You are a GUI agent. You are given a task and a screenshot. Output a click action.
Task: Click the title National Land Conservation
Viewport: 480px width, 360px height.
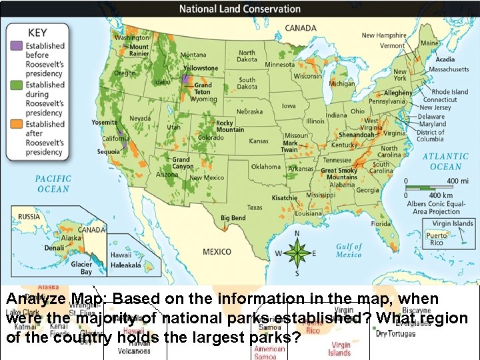(x=240, y=9)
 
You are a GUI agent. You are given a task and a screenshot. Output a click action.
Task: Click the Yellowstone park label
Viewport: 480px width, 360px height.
(x=201, y=68)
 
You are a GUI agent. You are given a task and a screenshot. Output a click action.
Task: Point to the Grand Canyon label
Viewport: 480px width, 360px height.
(x=181, y=163)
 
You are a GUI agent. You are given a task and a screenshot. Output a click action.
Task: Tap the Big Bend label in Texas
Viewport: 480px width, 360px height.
(x=233, y=218)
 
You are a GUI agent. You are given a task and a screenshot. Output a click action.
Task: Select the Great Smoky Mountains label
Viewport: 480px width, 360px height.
(x=339, y=174)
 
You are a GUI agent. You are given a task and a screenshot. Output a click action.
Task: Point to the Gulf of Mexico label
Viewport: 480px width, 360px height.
(x=349, y=250)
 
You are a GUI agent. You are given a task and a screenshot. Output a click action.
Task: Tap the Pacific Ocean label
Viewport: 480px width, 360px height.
(x=53, y=184)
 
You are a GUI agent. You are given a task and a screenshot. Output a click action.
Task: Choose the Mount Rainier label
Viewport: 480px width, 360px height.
(x=139, y=51)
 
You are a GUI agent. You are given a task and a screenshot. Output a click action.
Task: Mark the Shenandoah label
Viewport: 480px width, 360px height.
(x=357, y=135)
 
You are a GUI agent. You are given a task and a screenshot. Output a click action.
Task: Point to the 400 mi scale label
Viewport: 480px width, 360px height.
(x=453, y=180)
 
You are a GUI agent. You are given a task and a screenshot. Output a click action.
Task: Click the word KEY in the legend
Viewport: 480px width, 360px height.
(x=37, y=31)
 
